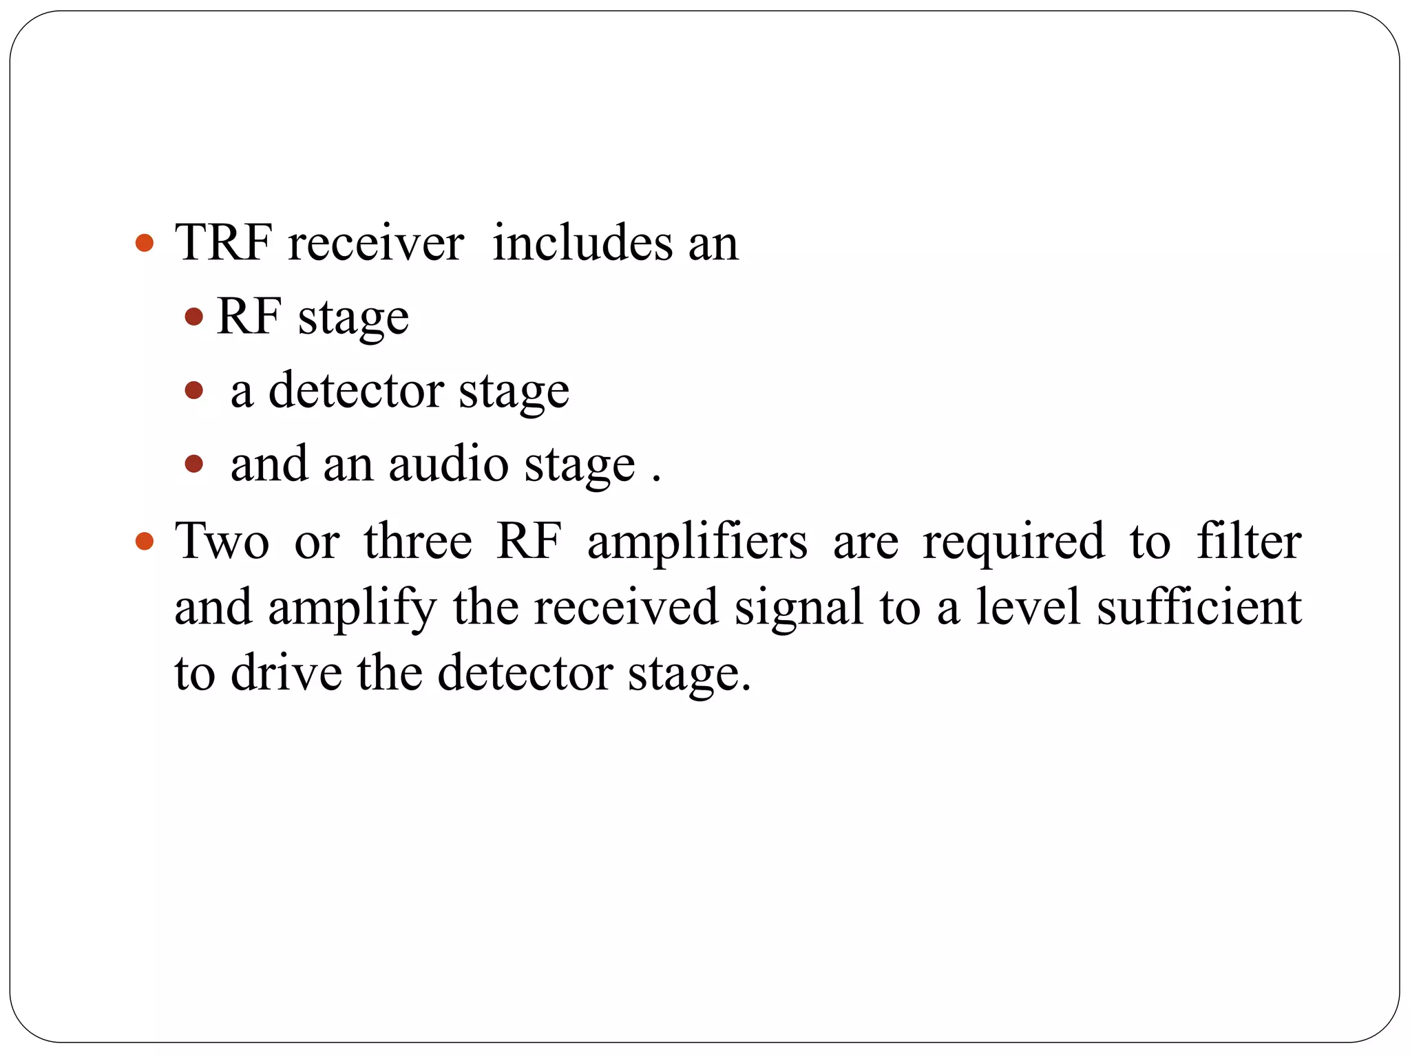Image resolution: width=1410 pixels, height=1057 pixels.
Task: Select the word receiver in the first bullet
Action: coord(376,243)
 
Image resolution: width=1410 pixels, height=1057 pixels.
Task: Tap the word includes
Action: coord(582,243)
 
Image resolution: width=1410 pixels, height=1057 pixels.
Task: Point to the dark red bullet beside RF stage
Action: coord(194,317)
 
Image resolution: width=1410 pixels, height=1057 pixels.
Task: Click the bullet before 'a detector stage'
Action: coord(194,391)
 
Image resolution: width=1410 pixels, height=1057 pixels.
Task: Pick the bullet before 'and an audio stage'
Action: coord(194,464)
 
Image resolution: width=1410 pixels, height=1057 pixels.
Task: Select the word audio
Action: coord(448,464)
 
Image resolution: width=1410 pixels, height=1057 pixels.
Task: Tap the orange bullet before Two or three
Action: coord(145,541)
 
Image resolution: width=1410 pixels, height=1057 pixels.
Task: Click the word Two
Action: coord(222,541)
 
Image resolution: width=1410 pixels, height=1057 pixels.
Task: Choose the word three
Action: coord(418,541)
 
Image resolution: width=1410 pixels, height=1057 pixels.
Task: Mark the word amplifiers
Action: coord(697,541)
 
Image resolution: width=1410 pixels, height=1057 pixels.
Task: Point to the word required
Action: coord(1013,541)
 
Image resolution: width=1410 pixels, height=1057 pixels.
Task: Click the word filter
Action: coord(1249,541)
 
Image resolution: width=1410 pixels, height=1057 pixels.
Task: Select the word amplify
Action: coord(352,608)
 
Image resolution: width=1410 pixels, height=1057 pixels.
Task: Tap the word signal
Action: coord(799,608)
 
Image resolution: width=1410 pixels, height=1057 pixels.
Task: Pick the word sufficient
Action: coord(1199,607)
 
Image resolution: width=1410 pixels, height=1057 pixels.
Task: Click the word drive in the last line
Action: coord(286,672)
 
